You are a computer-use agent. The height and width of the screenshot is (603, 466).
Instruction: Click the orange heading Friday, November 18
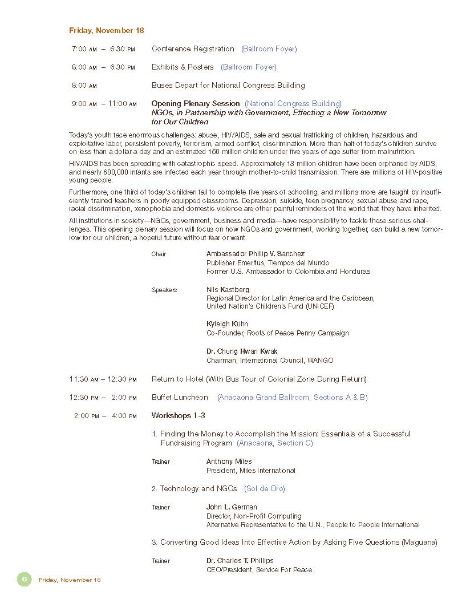click(106, 30)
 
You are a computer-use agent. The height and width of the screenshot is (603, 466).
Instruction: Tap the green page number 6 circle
click(25, 579)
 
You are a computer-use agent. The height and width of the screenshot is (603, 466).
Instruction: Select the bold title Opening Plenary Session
click(196, 103)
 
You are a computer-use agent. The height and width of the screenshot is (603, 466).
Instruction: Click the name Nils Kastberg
click(228, 289)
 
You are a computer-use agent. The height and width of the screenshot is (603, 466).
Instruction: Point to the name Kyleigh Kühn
click(227, 324)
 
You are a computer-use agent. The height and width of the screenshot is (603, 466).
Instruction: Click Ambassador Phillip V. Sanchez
click(255, 253)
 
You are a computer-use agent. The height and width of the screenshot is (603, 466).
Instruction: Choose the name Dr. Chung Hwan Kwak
click(242, 351)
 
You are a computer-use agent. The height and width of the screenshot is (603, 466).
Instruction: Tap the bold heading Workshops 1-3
click(178, 415)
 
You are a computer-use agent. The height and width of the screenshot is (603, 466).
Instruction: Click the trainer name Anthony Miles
click(229, 462)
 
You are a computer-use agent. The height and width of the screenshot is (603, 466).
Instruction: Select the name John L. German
click(232, 507)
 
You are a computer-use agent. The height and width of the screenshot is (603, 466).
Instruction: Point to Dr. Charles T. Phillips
click(240, 561)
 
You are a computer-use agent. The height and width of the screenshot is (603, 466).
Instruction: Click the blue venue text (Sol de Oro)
click(264, 488)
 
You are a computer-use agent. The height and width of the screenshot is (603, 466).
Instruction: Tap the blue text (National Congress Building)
click(293, 103)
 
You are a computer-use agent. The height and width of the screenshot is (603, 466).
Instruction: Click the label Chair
click(159, 254)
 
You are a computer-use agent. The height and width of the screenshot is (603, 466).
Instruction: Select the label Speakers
click(164, 290)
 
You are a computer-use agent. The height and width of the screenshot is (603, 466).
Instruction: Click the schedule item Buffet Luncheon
click(180, 397)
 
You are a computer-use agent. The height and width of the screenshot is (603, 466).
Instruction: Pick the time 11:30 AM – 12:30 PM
click(103, 379)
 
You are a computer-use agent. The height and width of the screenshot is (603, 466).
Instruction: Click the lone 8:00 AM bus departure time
click(84, 85)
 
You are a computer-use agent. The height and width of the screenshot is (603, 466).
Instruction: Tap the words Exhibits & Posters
click(183, 67)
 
